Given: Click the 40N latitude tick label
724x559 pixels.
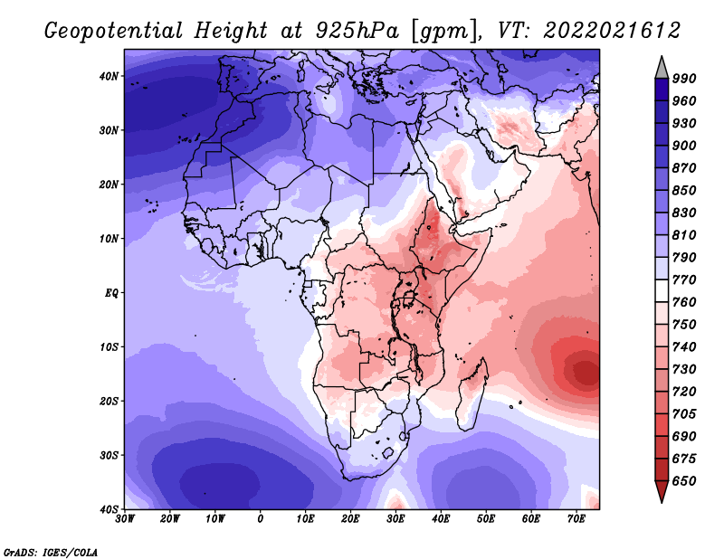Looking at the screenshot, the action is point(109,76).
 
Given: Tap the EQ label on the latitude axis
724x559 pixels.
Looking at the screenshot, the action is point(111,293).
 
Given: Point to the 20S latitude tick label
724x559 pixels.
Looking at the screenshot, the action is point(109,401).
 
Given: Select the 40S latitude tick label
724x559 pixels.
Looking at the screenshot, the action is point(109,509).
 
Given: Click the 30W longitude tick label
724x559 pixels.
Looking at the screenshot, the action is point(125,519).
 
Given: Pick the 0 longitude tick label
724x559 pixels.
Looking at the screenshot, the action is point(261,519).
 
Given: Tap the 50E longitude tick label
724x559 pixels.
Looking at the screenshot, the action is point(486,519).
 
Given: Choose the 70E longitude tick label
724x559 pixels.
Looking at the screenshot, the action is point(576,519).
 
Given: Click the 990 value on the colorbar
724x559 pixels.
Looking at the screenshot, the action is point(684,79).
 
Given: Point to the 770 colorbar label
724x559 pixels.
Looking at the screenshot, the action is point(684,279).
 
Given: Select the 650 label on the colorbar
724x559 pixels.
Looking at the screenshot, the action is point(684,481).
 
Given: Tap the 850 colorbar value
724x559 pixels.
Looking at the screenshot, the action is point(684,190).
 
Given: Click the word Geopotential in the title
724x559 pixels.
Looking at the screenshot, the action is point(114,32).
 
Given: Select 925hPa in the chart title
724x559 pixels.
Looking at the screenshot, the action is point(357,31).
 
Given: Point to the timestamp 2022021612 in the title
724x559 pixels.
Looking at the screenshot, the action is point(612,31).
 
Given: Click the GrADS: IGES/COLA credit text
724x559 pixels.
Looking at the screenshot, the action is point(51,553).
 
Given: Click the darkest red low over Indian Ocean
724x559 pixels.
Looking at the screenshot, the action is point(586,371).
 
